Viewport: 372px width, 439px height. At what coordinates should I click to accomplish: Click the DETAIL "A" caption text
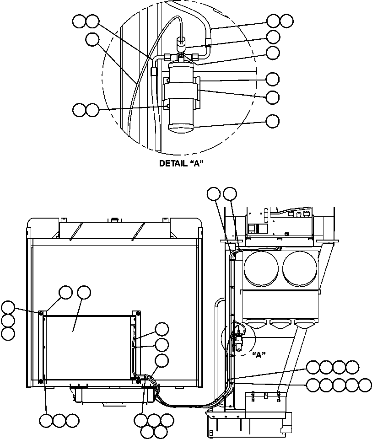pyautogui.click(x=181, y=163)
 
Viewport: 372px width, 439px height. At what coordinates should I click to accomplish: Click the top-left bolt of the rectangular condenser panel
pyautogui.click(x=41, y=313)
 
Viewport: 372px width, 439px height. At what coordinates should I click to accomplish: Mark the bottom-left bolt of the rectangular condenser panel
pyautogui.click(x=41, y=381)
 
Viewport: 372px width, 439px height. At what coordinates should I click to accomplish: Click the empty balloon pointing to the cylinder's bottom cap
pyautogui.click(x=273, y=121)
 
